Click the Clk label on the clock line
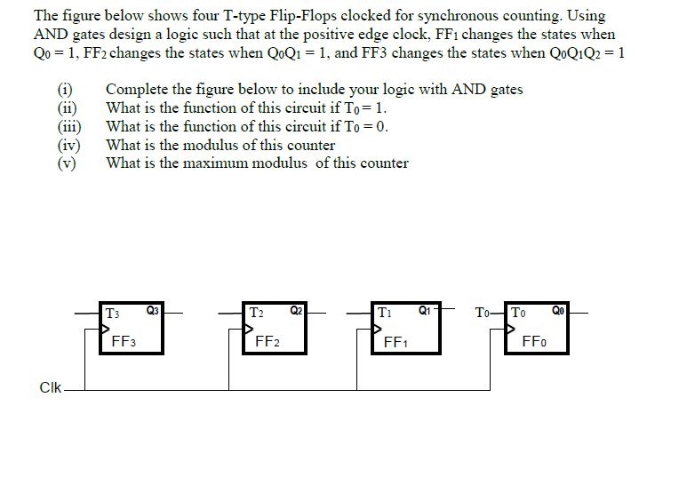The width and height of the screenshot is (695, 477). click(x=50, y=387)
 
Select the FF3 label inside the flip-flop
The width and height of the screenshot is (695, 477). click(x=124, y=340)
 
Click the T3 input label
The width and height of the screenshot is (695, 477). click(x=113, y=313)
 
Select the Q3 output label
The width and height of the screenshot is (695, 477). click(x=152, y=311)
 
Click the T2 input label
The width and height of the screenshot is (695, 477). click(x=257, y=313)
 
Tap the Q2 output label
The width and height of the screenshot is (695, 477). click(x=297, y=311)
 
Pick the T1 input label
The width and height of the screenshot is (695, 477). click(x=384, y=313)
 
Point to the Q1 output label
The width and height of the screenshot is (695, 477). click(x=424, y=311)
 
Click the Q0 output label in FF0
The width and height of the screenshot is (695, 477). click(x=557, y=311)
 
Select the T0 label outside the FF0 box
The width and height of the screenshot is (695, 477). click(x=483, y=313)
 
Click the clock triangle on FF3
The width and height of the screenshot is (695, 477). click(x=106, y=328)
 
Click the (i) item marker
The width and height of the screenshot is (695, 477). click(x=64, y=90)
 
